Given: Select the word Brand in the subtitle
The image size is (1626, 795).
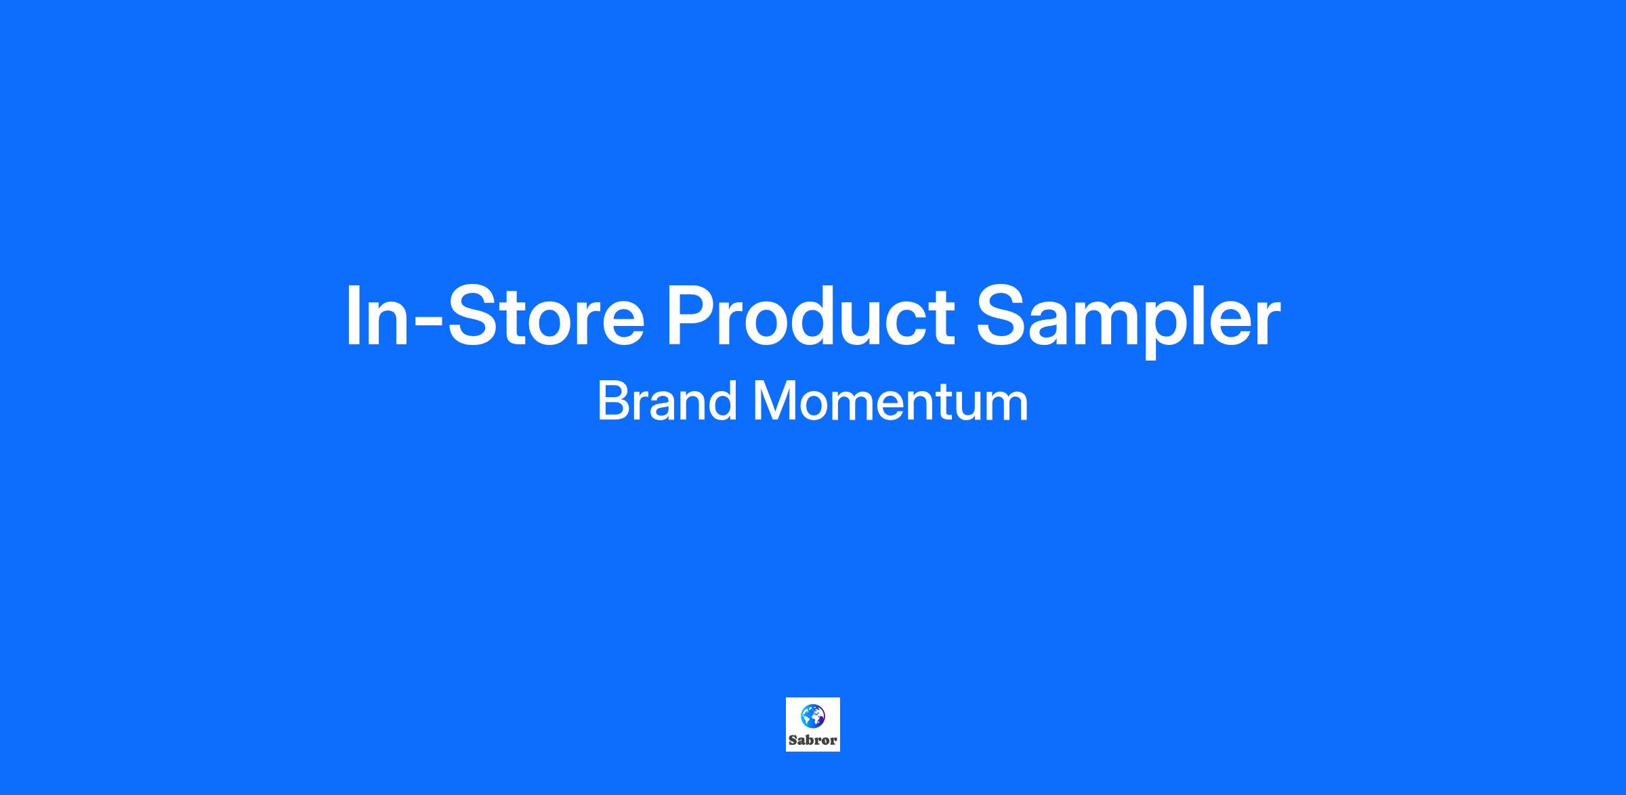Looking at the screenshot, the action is point(667,401).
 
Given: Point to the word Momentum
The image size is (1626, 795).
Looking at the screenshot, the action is point(890,401).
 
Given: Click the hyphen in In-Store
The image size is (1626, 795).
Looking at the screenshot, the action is point(428,322).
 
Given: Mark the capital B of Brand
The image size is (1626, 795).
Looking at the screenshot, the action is point(613,401).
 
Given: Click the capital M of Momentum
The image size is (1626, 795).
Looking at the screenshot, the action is point(774,401).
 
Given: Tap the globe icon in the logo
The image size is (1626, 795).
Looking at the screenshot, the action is point(812,716).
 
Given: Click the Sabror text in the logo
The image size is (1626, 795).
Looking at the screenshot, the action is point(812,740).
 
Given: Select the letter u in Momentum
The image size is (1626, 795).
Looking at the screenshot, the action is point(974,407).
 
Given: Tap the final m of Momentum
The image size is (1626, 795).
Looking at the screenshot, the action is point(1010,407).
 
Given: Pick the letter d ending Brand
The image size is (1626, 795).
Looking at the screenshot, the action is point(722,401).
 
